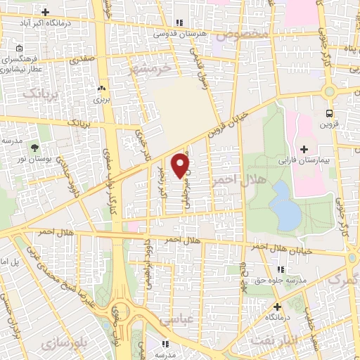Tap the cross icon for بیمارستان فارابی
coord(304,149)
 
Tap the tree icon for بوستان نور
coord(34,146)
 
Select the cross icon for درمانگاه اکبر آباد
coord(46,12)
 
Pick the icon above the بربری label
coord(103,89)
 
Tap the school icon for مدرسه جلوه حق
coord(281,269)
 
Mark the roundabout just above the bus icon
coord(328,92)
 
